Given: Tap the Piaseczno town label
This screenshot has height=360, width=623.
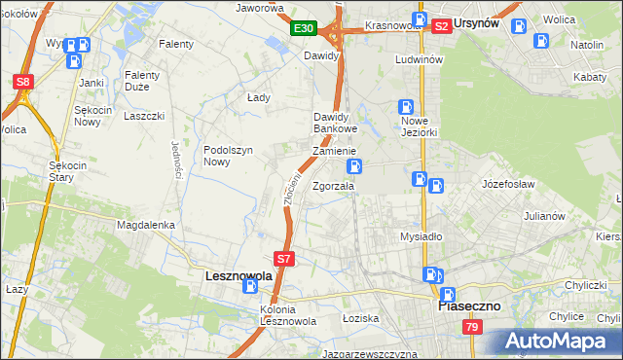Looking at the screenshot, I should (468, 306).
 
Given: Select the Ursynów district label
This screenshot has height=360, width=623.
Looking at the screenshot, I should (486, 26).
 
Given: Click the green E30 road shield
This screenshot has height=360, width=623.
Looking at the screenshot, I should (304, 29).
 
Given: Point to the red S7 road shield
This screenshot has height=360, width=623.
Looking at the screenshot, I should (283, 259).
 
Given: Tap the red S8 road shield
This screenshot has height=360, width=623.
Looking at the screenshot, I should (24, 83).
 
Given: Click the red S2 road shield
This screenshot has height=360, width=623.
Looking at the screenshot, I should (441, 27).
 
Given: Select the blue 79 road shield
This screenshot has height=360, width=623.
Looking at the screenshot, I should (472, 329).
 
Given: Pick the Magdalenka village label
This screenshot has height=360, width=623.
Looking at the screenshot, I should (145, 224).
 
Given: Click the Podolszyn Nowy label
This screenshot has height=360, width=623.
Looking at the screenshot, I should (229, 156).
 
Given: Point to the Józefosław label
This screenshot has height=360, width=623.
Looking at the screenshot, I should (510, 182).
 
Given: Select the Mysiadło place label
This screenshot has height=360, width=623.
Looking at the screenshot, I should (421, 236).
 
